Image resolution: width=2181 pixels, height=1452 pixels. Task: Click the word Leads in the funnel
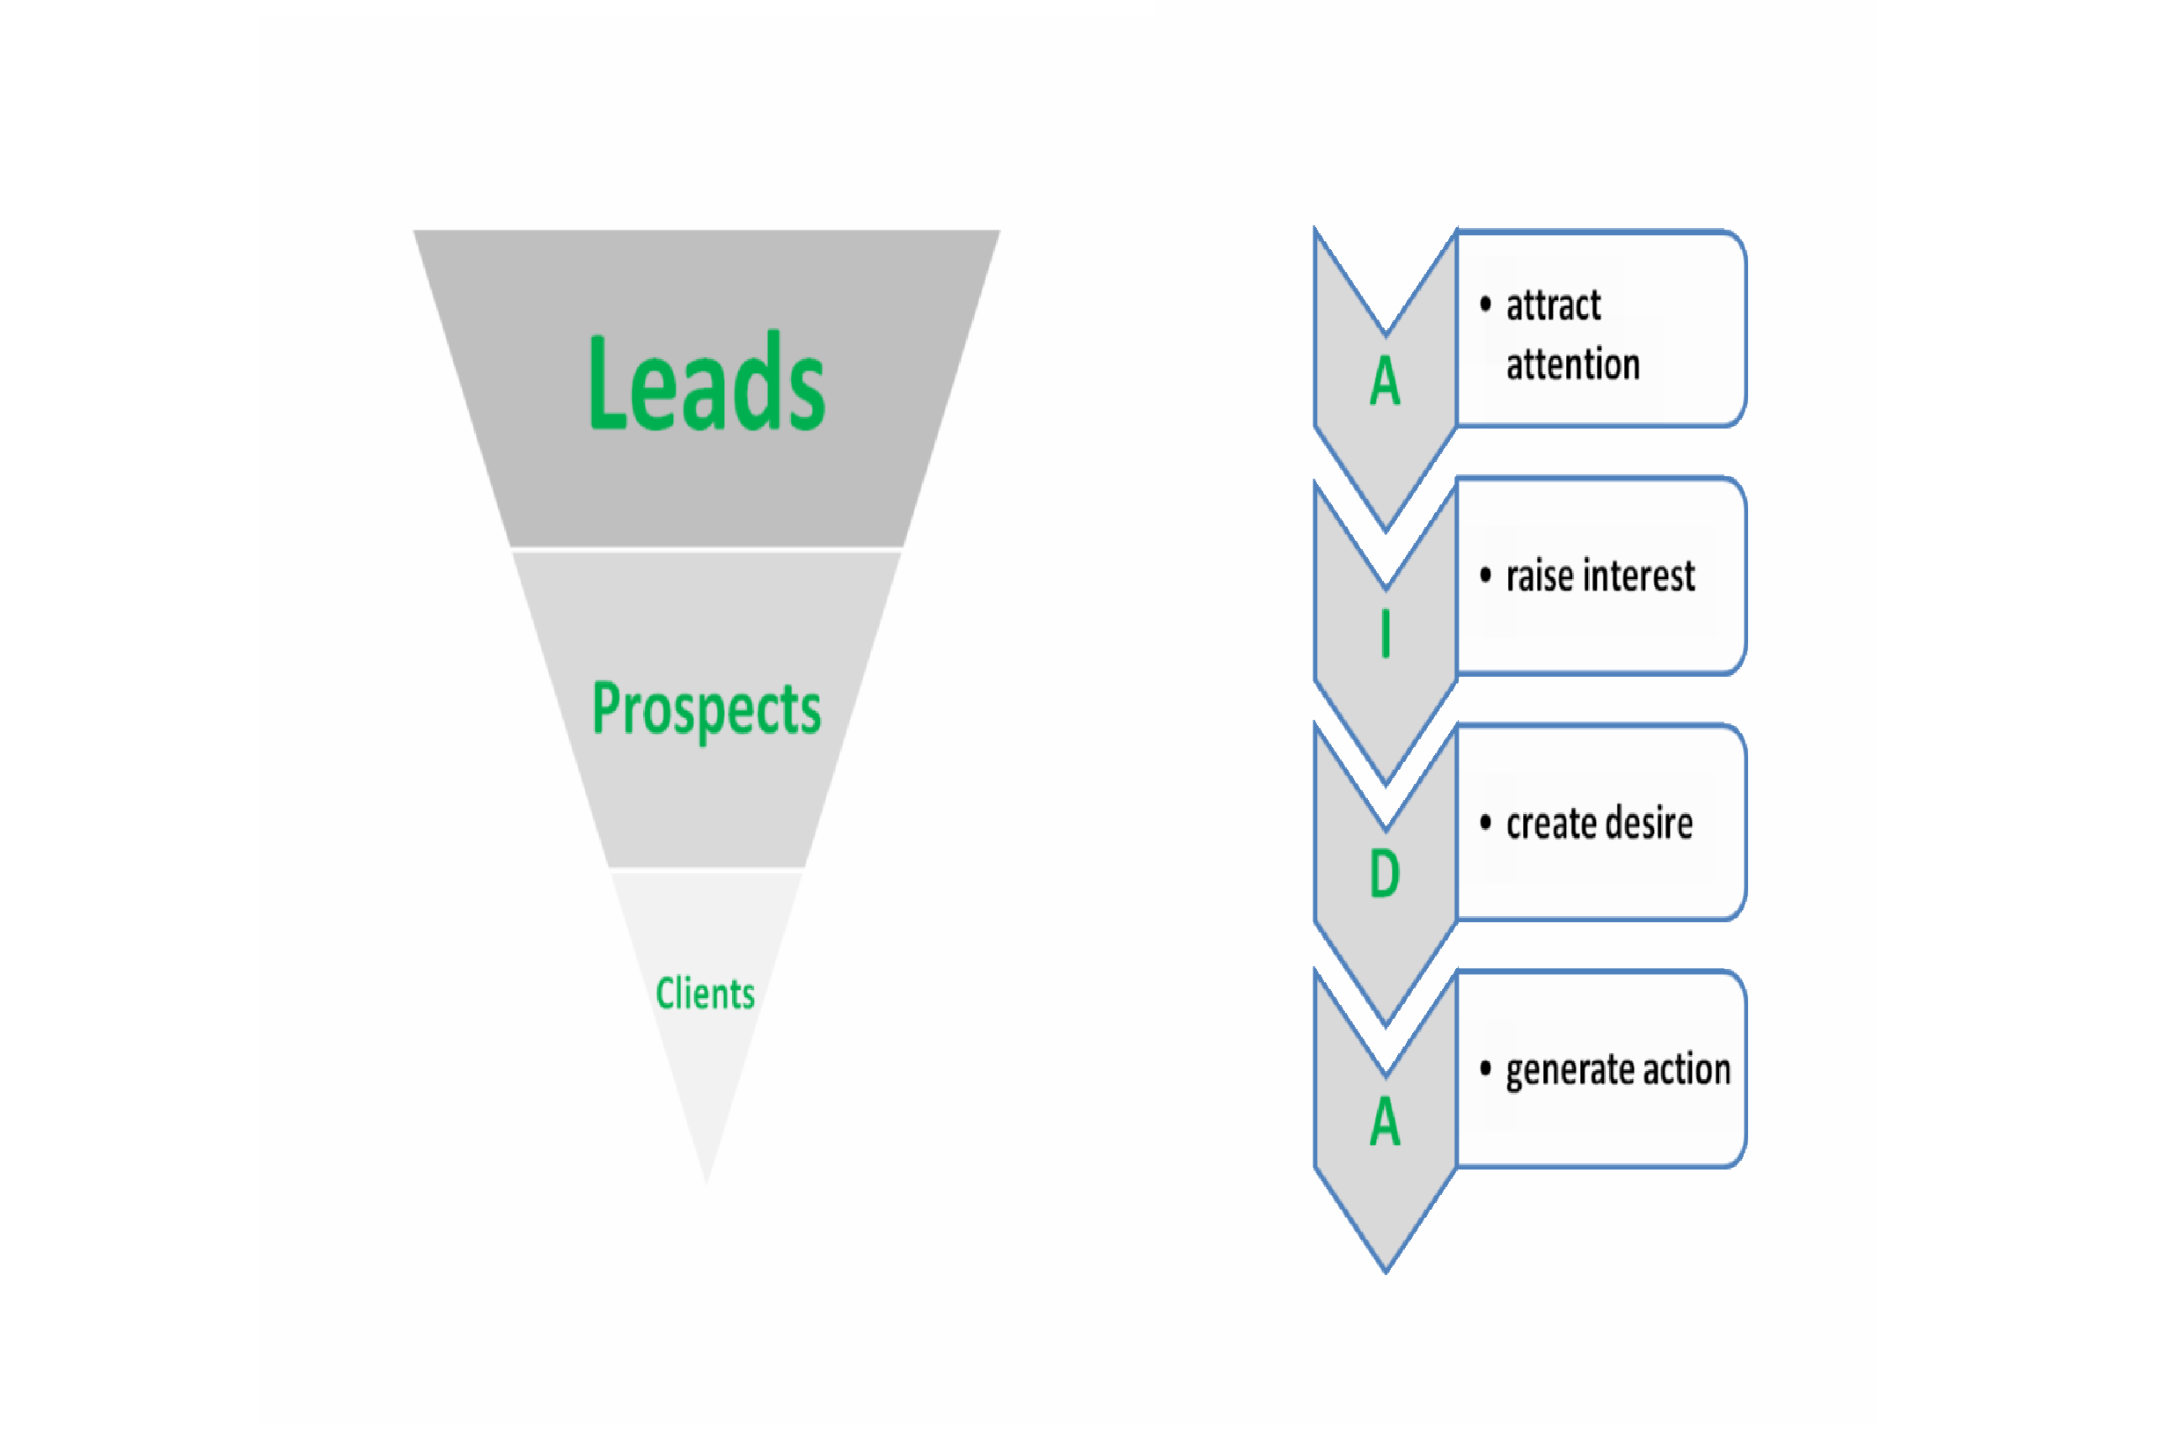706,382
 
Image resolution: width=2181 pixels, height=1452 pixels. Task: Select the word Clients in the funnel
706,993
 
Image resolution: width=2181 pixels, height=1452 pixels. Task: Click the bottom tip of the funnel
706,1184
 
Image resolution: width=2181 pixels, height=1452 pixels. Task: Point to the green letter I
1385,634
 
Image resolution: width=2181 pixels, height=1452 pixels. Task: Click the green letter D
1384,873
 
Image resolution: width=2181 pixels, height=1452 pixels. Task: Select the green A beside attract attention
1385,380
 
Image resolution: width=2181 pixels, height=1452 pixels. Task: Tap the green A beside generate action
1385,1121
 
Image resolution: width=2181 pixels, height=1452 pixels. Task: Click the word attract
1554,304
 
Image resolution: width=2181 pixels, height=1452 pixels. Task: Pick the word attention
1573,364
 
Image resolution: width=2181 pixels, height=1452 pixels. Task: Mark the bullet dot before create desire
1485,822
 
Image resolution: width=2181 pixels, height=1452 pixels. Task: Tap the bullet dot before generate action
1485,1068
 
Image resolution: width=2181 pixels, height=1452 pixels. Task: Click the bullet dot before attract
1485,304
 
